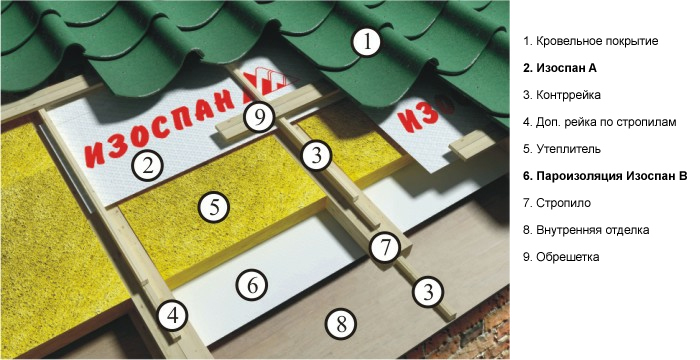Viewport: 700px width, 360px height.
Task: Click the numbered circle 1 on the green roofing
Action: [367, 42]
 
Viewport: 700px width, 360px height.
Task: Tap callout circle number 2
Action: [148, 166]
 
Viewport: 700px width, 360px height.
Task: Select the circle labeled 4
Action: [173, 316]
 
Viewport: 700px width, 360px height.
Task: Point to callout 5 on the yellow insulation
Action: [214, 207]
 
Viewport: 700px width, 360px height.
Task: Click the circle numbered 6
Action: [252, 285]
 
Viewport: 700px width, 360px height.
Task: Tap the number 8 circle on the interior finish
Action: [341, 324]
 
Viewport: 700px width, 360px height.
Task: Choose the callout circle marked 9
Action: [260, 117]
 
